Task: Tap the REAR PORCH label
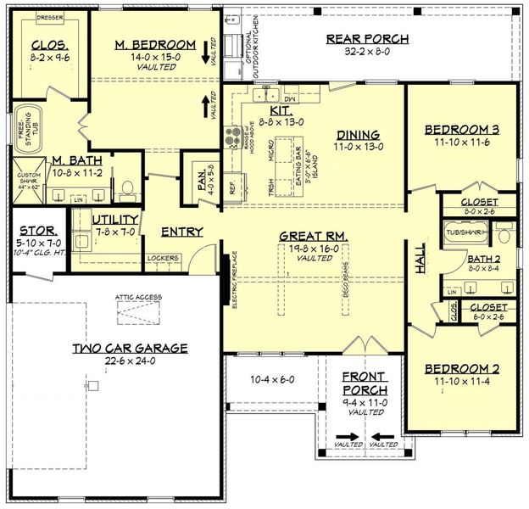[367, 38]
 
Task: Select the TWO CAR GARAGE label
[130, 348]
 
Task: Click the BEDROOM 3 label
[461, 129]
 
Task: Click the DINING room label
[357, 134]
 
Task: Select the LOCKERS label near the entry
[162, 257]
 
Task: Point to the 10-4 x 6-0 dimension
[272, 379]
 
